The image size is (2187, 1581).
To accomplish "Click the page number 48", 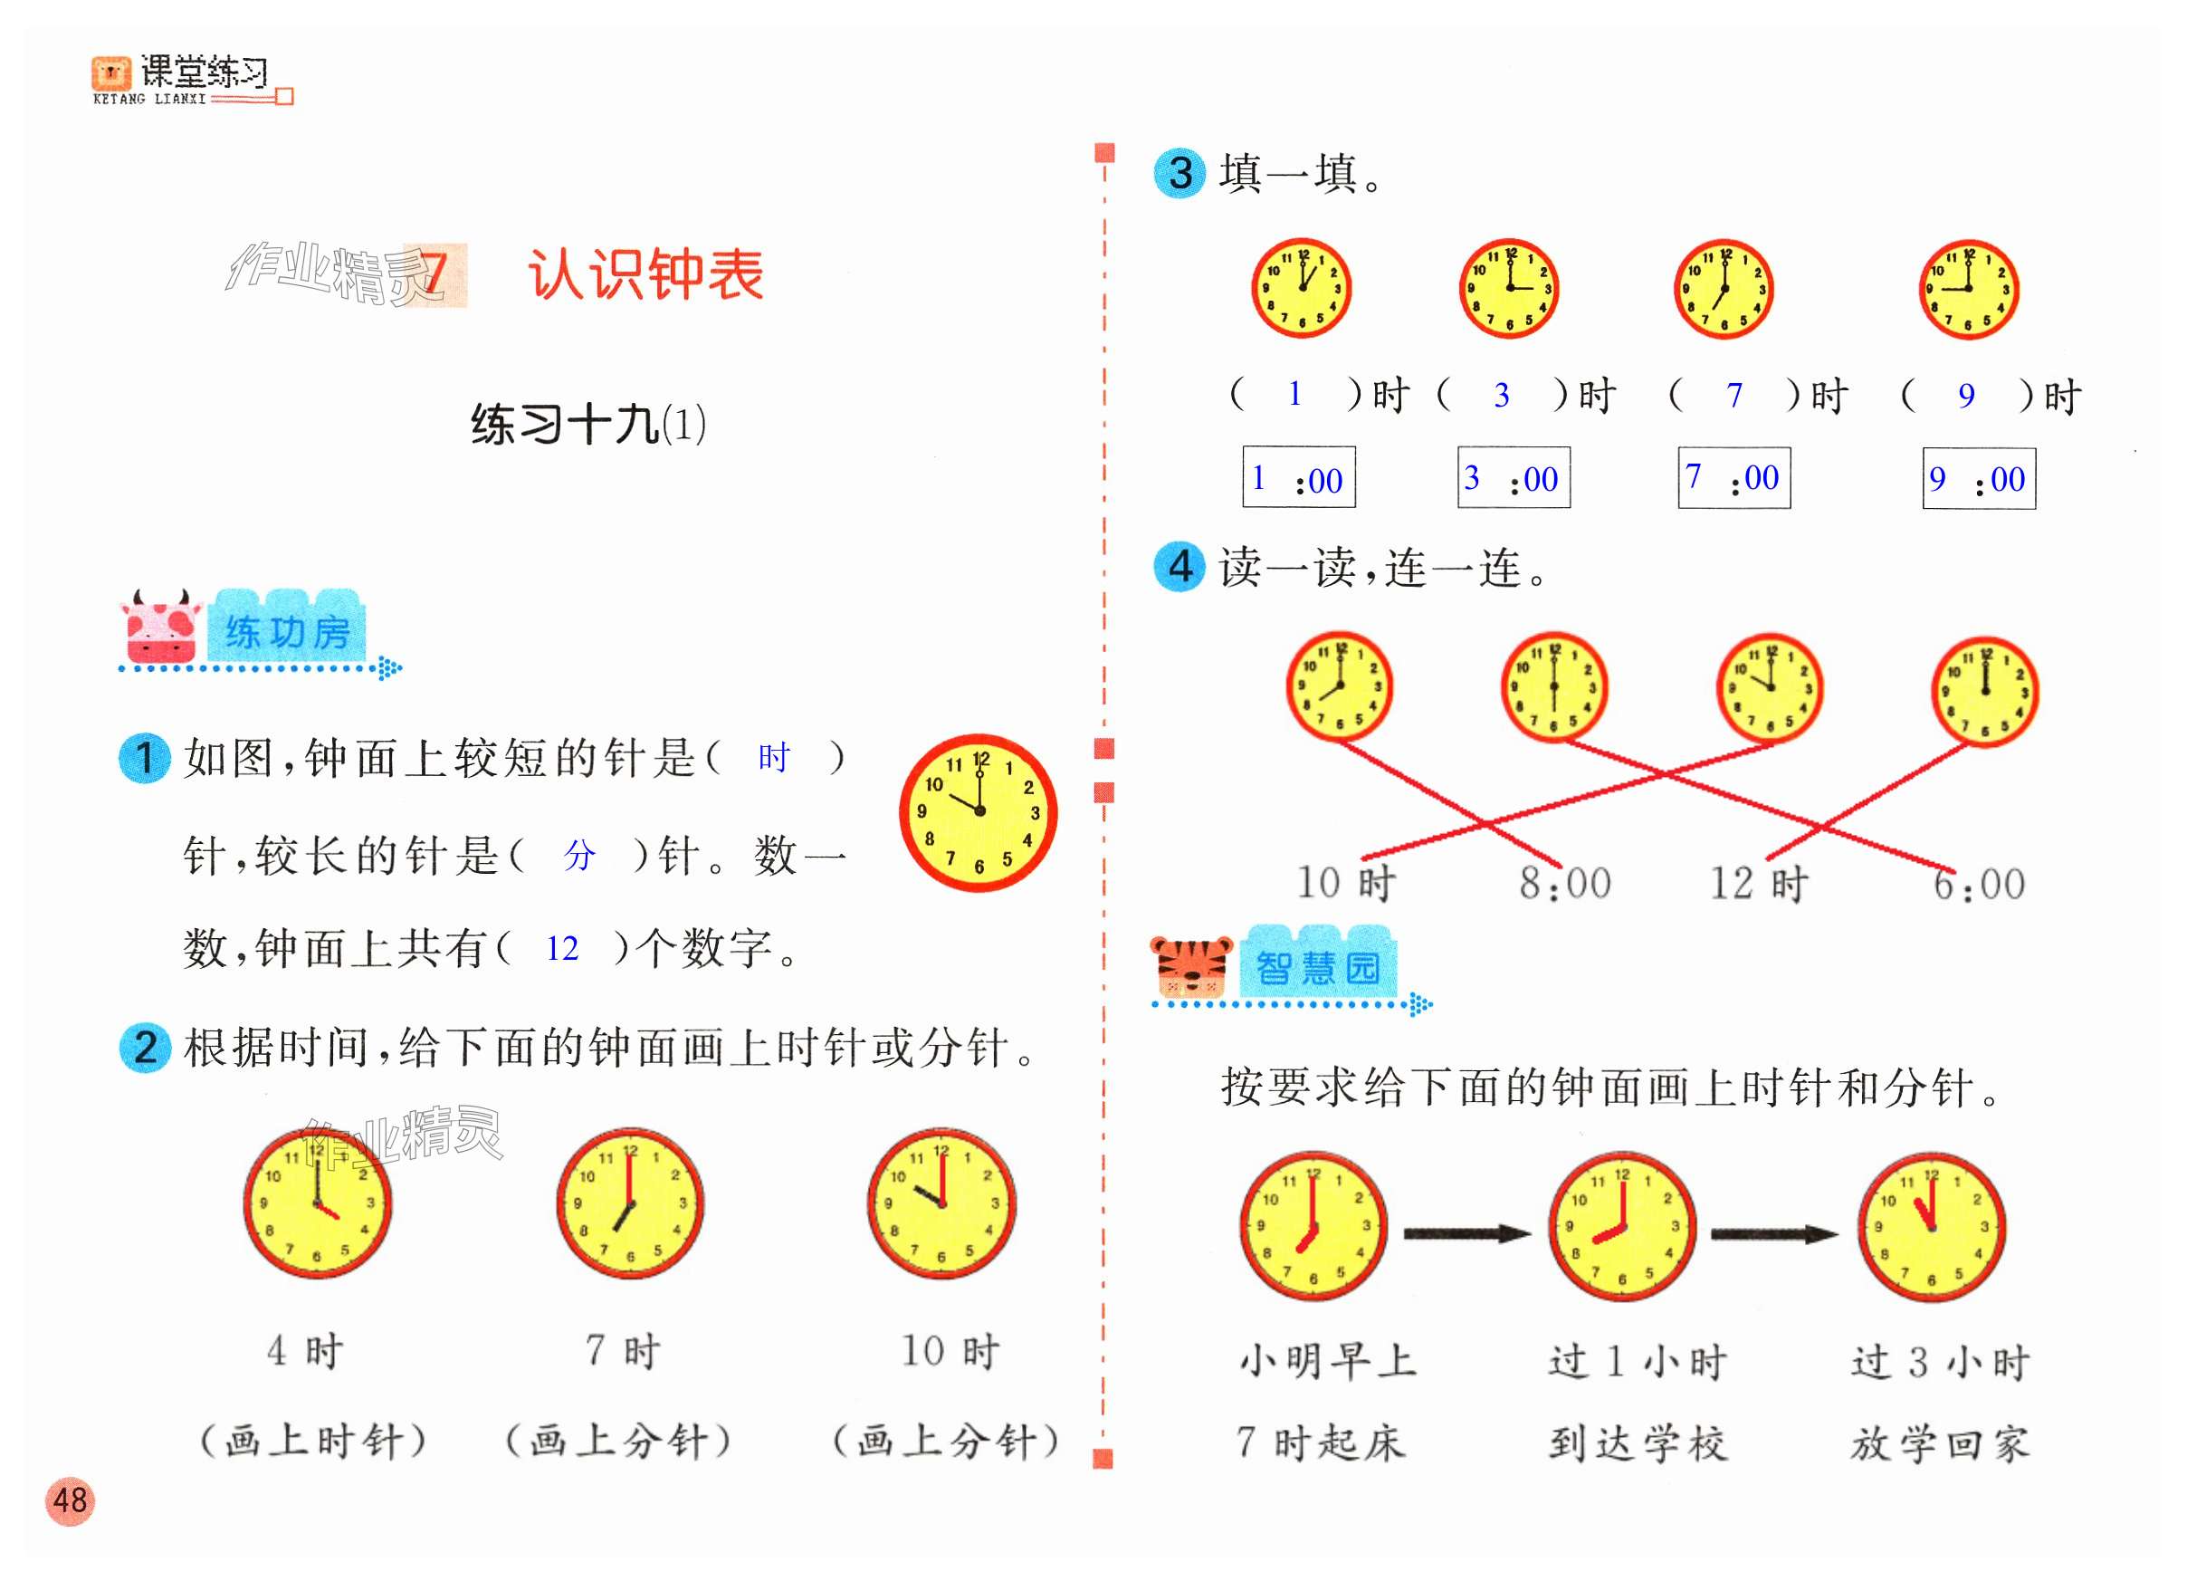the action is coord(70,1500).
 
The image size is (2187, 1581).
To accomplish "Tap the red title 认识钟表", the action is coord(645,275).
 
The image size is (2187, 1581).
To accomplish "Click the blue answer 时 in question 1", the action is coord(772,758).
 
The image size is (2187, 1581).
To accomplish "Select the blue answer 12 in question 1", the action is coord(562,949).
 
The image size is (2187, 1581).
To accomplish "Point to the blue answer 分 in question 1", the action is coord(579,856).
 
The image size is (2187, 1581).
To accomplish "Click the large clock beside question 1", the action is coord(978,812).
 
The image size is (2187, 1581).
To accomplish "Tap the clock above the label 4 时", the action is coord(317,1203).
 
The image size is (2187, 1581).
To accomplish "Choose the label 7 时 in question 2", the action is coord(623,1350).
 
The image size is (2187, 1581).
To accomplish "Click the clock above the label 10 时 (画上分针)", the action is coord(941,1203).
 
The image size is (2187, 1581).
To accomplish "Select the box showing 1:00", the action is coord(1298,477).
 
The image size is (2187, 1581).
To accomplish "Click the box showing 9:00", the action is coord(1978,478).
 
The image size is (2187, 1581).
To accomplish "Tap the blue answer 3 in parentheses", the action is coord(1502,396).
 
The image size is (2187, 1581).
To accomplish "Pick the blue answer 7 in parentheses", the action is coord(1733,396).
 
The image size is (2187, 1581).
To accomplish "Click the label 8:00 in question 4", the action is coord(1565,883).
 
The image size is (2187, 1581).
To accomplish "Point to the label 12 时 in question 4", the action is coord(1759,883).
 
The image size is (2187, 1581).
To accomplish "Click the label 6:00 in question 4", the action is coord(1979,884).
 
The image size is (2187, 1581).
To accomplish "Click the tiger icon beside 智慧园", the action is coord(1192,965).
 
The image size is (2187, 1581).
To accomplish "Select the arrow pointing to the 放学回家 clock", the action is coord(1773,1233).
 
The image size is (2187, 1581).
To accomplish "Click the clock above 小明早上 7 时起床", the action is coord(1313,1226).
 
